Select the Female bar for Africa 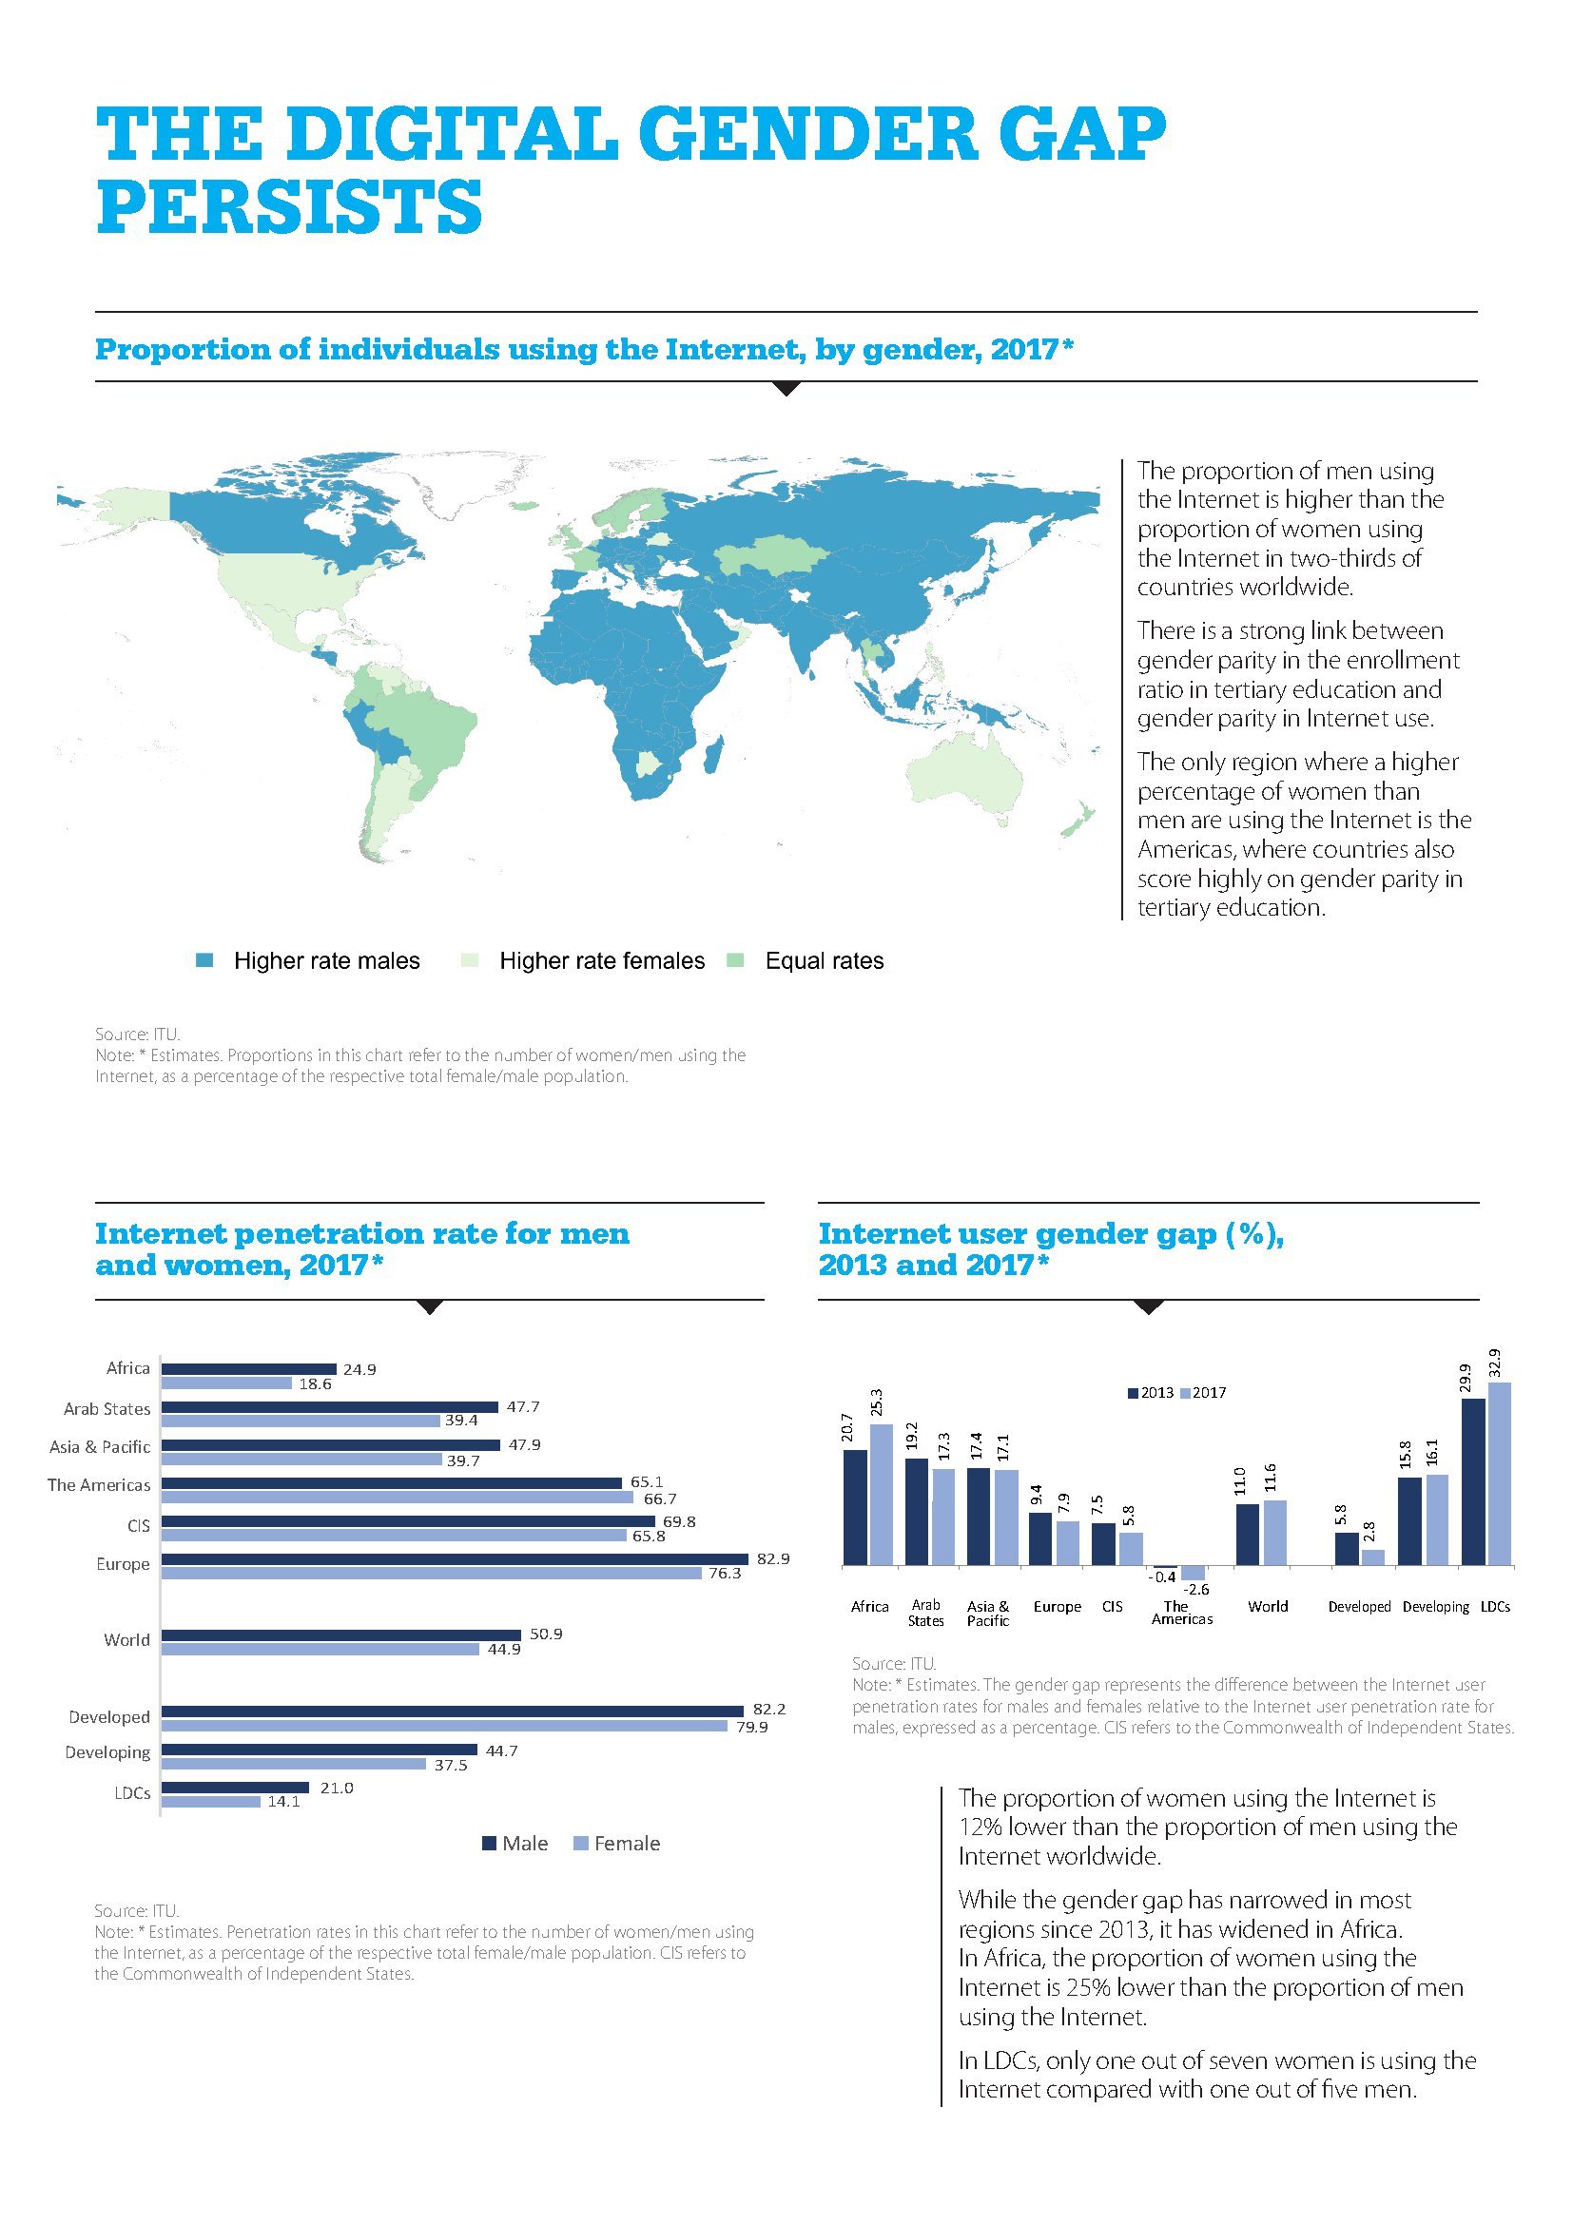tap(226, 1383)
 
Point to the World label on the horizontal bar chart tap(126, 1639)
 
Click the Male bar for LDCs tap(234, 1788)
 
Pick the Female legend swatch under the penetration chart tap(581, 1844)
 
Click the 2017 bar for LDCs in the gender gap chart tap(1499, 1472)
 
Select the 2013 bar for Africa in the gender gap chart tap(855, 1506)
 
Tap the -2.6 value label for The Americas tap(1196, 1589)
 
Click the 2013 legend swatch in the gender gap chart tap(1133, 1393)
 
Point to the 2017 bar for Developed tap(1372, 1557)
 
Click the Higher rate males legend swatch tap(204, 961)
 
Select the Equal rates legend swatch tap(735, 961)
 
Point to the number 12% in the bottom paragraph tap(981, 1827)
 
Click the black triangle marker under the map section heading tap(787, 389)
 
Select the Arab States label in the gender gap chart tap(925, 1613)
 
